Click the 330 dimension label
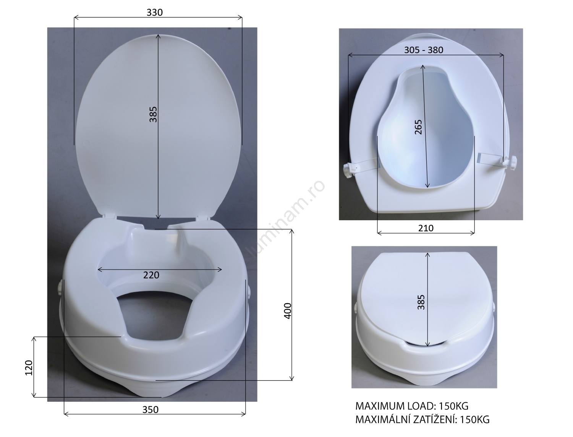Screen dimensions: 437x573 coord(154,12)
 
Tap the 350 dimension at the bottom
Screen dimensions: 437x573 coord(150,409)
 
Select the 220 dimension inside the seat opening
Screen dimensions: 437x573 coord(151,275)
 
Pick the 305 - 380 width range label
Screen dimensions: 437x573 coord(424,50)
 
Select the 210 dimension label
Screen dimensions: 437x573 coord(426,228)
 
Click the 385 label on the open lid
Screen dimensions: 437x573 coord(153,114)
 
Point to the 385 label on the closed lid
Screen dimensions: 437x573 coord(421,302)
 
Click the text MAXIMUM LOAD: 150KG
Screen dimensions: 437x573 coord(412,406)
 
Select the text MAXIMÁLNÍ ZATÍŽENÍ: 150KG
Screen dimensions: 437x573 coord(422,419)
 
